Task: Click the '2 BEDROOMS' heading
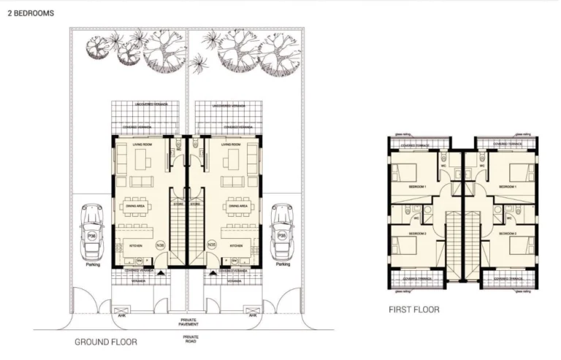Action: coord(30,13)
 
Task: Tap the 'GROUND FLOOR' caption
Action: coord(105,341)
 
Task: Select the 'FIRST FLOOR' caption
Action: coord(413,310)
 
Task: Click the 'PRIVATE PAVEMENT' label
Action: coord(189,323)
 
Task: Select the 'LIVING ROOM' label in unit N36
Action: coord(142,145)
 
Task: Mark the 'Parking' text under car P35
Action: coord(283,265)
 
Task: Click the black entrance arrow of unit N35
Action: coord(212,272)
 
